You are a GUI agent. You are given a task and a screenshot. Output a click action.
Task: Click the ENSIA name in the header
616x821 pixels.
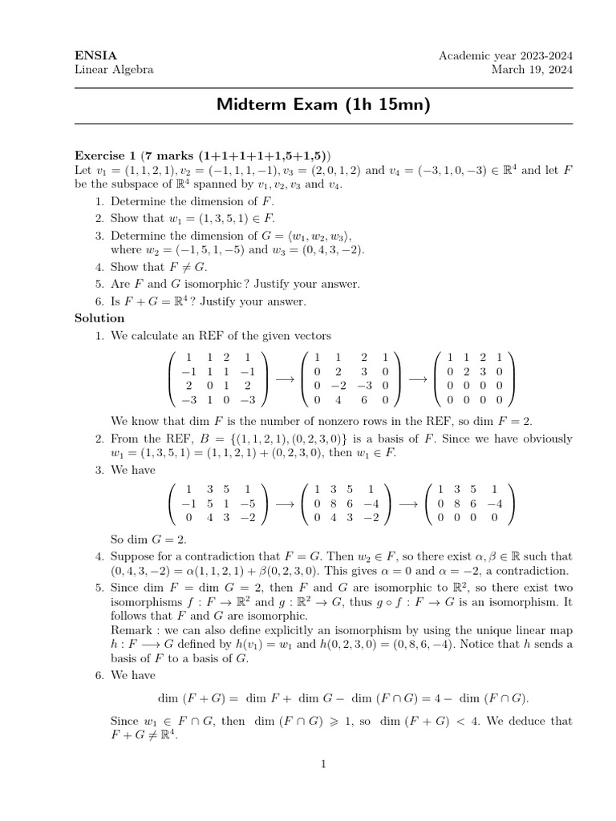[x=95, y=55]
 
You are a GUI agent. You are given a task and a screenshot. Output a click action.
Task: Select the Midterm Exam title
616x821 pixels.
[x=323, y=104]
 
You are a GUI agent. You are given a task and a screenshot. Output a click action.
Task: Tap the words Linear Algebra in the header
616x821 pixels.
[x=114, y=70]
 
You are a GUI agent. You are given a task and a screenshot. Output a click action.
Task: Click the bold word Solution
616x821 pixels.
[x=99, y=318]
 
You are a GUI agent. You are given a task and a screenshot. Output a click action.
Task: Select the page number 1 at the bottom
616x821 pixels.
[x=323, y=764]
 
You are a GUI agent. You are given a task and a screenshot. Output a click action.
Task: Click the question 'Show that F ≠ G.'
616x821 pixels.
[x=159, y=267]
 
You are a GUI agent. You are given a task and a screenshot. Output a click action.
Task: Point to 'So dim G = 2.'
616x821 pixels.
[x=148, y=539]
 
